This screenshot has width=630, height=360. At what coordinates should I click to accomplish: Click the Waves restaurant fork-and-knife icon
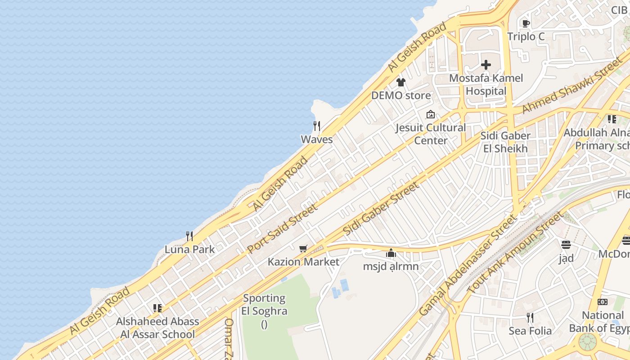click(317, 126)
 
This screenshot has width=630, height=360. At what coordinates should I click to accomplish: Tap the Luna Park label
click(189, 249)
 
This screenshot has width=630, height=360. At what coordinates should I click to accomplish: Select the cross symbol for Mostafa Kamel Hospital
click(486, 65)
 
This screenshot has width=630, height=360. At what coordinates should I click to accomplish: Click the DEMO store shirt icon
click(401, 82)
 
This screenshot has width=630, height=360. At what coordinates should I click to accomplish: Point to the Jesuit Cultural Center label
click(431, 134)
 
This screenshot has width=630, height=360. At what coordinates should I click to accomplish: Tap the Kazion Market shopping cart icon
click(303, 248)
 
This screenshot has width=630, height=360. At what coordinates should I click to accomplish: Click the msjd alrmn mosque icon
click(391, 253)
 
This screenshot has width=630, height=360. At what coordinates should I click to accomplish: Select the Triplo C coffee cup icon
click(526, 23)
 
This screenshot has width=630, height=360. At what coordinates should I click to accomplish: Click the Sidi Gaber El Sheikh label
click(505, 142)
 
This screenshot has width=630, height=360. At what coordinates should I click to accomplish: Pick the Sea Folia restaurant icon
click(530, 318)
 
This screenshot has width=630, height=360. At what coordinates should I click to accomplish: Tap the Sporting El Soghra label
click(264, 305)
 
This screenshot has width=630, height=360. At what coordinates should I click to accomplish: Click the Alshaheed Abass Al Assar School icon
click(157, 308)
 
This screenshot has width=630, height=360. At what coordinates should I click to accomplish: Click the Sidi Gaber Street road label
click(381, 208)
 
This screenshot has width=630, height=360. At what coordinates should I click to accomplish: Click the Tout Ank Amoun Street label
click(515, 253)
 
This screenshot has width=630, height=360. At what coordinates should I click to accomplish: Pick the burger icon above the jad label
click(566, 245)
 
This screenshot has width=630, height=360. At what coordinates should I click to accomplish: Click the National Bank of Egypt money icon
click(603, 302)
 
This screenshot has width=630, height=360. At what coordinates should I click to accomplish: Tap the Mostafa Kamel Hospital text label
click(486, 85)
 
